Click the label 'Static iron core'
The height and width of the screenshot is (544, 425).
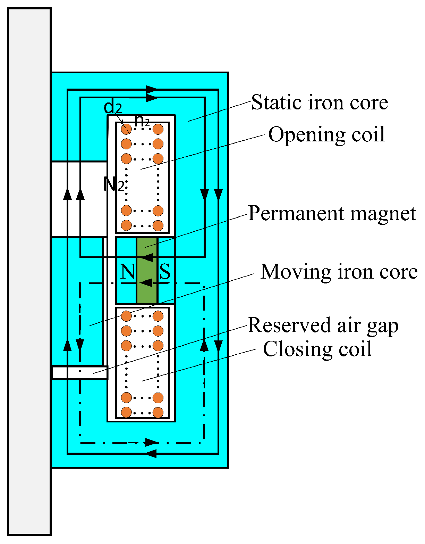click(319, 102)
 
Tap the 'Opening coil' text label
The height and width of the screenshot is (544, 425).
click(326, 134)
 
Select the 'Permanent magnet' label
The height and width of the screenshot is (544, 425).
click(332, 213)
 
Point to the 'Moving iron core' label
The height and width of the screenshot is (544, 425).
click(339, 272)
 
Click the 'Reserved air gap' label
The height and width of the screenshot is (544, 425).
click(323, 325)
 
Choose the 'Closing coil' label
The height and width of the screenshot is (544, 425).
click(317, 349)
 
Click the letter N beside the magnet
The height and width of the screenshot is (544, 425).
click(127, 272)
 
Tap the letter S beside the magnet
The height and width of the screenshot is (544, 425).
click(165, 272)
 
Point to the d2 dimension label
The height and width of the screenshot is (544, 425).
click(113, 108)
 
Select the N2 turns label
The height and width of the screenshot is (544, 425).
click(113, 184)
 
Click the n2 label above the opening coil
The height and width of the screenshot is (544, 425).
click(142, 121)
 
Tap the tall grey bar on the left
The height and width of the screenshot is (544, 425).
click(29, 271)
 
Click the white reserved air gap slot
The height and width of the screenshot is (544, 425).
click(79, 372)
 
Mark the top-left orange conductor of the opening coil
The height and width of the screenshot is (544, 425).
click(126, 129)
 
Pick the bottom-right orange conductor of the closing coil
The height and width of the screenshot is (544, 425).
click(158, 412)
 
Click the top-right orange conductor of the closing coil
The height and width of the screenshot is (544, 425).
click(158, 316)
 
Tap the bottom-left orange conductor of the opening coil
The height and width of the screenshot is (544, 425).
click(126, 225)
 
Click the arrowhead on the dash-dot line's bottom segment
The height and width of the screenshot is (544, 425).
click(152, 442)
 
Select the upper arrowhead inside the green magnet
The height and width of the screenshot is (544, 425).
click(147, 257)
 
